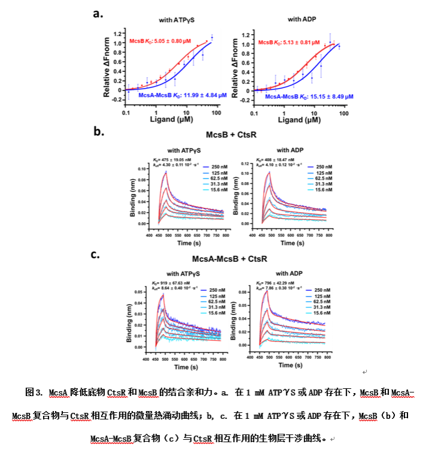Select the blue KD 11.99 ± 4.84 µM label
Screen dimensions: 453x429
173,95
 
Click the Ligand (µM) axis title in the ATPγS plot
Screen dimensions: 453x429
170,120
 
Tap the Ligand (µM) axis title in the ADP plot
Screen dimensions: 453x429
298,120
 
